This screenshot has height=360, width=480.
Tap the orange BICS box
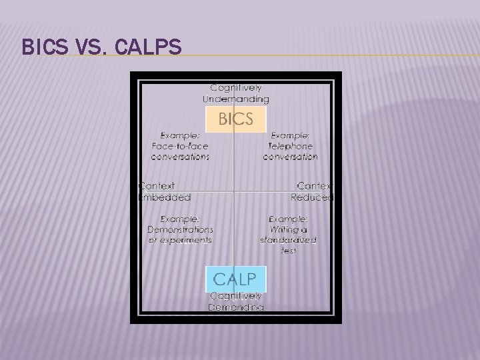click(x=236, y=120)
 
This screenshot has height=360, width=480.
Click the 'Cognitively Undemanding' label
click(x=236, y=93)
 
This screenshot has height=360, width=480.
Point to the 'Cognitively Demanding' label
click(x=236, y=301)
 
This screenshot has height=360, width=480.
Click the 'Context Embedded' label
click(x=164, y=191)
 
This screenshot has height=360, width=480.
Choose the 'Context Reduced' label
click(x=311, y=191)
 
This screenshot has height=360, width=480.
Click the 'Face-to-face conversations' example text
click(x=180, y=146)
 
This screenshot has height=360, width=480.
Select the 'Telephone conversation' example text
click(x=290, y=146)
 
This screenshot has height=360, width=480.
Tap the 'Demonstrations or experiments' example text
click(x=180, y=229)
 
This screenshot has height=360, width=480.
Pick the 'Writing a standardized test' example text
click(x=289, y=234)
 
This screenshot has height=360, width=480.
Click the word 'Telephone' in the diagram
click(x=290, y=146)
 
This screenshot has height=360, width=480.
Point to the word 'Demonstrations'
click(x=180, y=229)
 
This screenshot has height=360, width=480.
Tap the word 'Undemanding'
click(x=236, y=99)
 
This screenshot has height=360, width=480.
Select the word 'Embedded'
click(x=164, y=197)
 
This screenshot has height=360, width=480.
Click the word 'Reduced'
click(x=311, y=197)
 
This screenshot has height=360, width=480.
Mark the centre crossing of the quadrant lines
click(x=233, y=193)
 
